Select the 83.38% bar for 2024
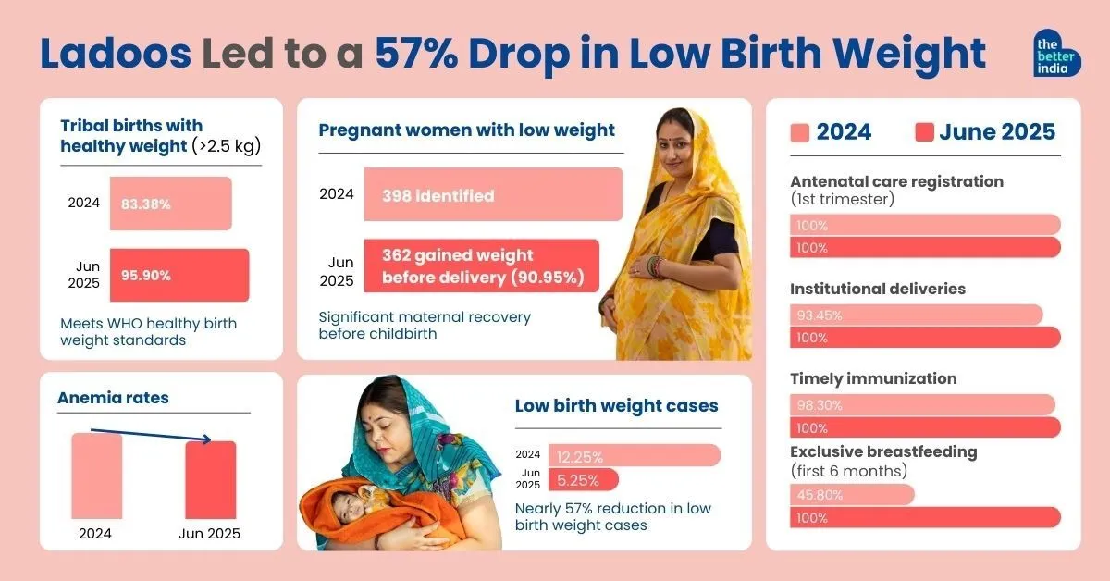170,204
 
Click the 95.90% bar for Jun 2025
179,275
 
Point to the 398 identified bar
492,195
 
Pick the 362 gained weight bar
481,266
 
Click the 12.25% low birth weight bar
634,455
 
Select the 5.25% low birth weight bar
583,480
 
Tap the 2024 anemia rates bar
97,476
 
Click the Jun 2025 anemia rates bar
210,479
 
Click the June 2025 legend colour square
924,132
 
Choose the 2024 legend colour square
800,132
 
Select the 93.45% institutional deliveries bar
916,315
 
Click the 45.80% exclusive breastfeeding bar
852,495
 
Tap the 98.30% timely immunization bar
922,405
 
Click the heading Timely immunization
873,378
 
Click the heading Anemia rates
113,398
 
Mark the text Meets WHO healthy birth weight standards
148,332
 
